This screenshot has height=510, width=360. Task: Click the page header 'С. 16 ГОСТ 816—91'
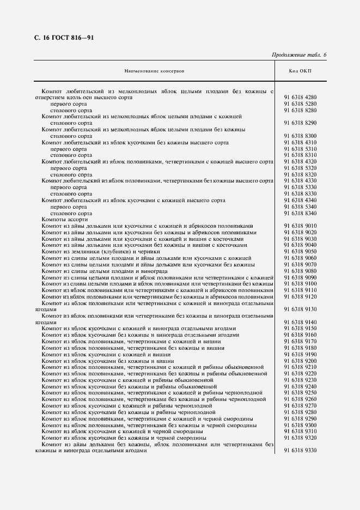click(60, 38)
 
